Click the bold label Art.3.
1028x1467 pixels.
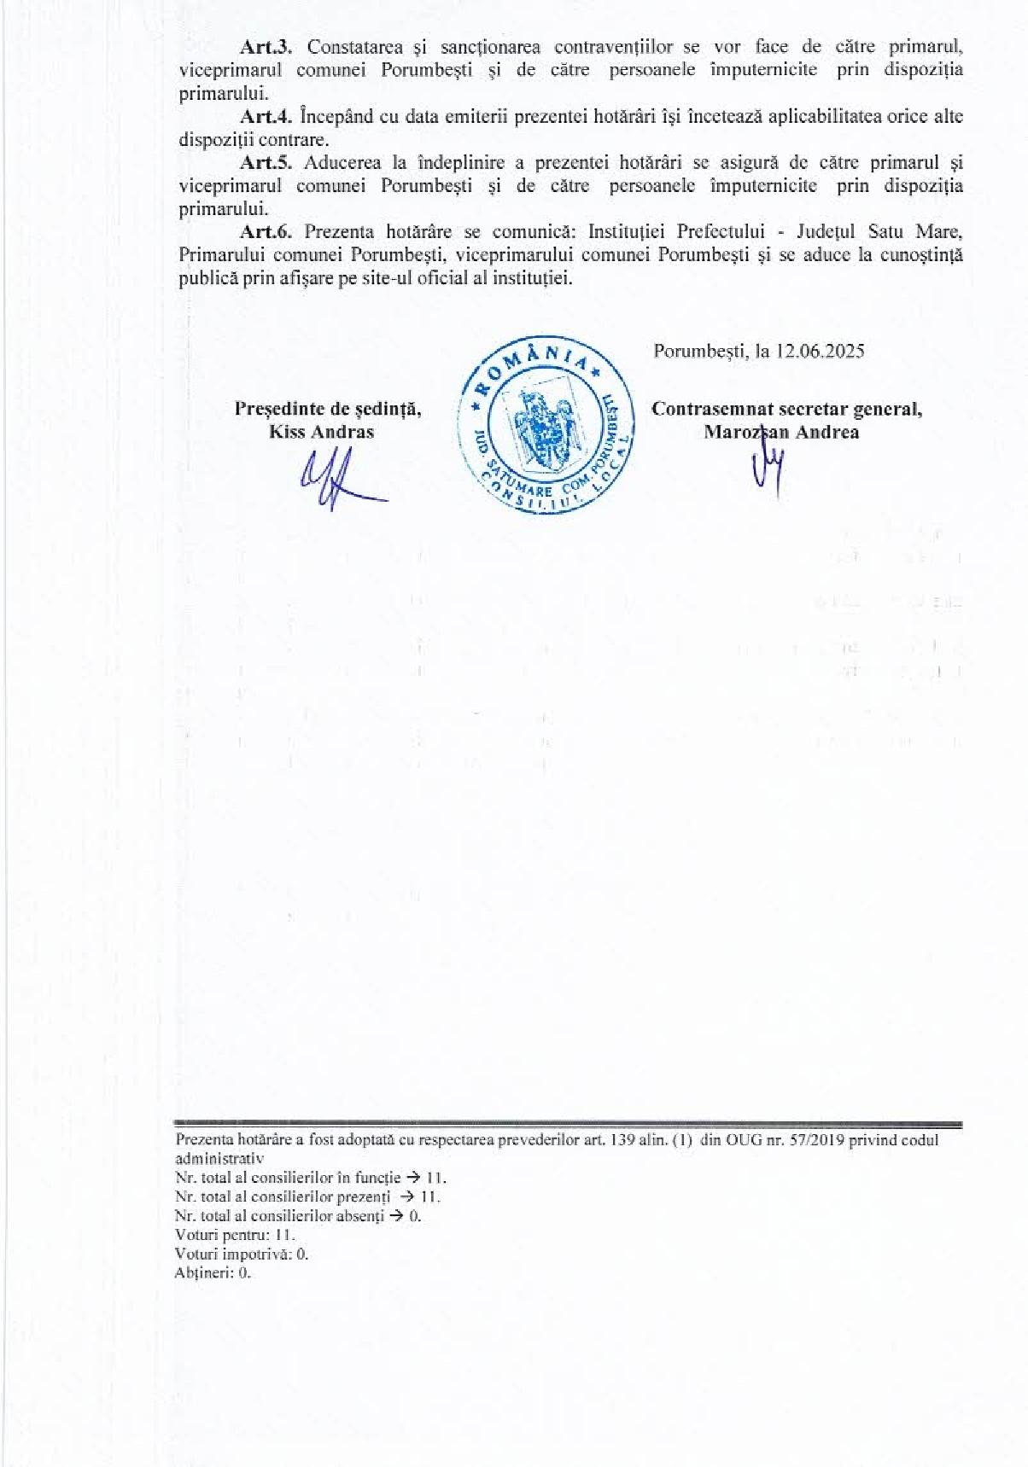(x=266, y=47)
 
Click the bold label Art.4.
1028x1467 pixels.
(x=266, y=117)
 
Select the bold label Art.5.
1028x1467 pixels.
(x=266, y=162)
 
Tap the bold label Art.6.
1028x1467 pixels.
(x=266, y=231)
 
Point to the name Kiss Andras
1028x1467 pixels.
(x=321, y=432)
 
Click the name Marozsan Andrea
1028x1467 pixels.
(x=781, y=432)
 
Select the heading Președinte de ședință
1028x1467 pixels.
(x=328, y=409)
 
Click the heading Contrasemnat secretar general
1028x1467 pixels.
(x=786, y=409)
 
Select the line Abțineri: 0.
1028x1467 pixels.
(x=213, y=1273)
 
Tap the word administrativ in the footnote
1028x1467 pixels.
(x=219, y=1159)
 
